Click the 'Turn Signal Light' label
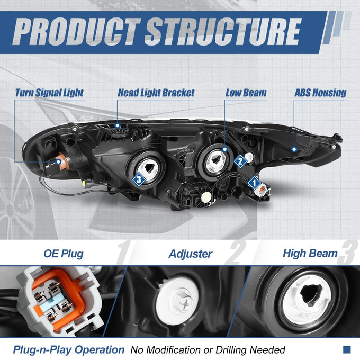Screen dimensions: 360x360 (49, 93)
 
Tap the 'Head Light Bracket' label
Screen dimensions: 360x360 (156, 93)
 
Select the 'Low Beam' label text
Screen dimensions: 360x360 (246, 93)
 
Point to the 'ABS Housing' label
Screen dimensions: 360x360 (320, 93)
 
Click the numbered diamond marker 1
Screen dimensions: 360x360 (254, 183)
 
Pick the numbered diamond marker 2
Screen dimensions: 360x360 (240, 161)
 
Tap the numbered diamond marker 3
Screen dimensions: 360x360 (139, 179)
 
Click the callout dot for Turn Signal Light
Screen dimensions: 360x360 (59, 162)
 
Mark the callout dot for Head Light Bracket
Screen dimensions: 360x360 (118, 125)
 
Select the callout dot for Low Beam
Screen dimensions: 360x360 (225, 149)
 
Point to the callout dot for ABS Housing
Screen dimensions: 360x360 (294, 149)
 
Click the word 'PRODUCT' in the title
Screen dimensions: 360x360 (76, 32)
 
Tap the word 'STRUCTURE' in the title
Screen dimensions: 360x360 (223, 32)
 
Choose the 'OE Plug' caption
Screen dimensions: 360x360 (64, 254)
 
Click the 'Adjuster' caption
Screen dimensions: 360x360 (191, 254)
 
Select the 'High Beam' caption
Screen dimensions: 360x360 (310, 253)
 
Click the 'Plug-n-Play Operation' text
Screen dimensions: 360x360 (69, 350)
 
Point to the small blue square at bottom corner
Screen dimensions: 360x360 (347, 349)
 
